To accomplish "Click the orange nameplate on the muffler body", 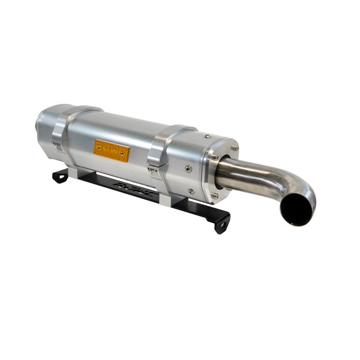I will (x=111, y=151).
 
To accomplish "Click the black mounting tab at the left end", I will (x=61, y=175).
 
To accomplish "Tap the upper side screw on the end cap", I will (x=188, y=170).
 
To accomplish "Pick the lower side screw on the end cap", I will (x=191, y=191).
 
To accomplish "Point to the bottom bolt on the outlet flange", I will (x=214, y=196).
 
